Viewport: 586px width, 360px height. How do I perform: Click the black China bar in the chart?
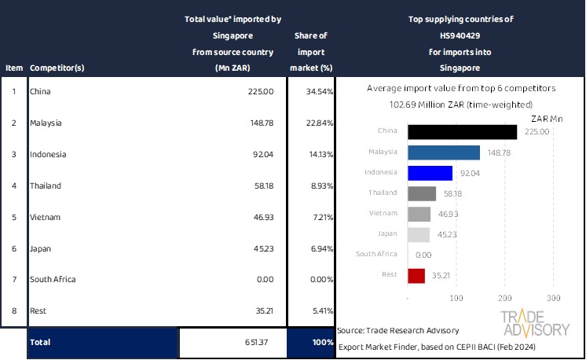462,131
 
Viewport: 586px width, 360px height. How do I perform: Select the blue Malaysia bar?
444,152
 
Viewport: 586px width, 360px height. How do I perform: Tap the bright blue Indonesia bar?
430,173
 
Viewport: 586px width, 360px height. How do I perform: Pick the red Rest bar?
416,276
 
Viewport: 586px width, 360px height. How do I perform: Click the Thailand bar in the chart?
422,193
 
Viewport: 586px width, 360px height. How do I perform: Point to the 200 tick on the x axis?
505,298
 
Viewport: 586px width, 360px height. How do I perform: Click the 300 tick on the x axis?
553,298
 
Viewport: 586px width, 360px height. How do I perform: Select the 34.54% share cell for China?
312,92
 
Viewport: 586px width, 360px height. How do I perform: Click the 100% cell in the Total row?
312,343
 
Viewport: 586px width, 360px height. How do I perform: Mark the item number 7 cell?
13,279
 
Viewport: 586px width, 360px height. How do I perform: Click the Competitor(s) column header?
57,68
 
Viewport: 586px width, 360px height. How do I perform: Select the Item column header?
13,68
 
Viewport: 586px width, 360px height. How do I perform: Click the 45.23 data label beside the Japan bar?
445,234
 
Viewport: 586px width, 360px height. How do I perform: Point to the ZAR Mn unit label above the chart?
548,118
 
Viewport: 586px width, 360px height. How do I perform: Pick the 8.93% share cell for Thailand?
312,186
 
